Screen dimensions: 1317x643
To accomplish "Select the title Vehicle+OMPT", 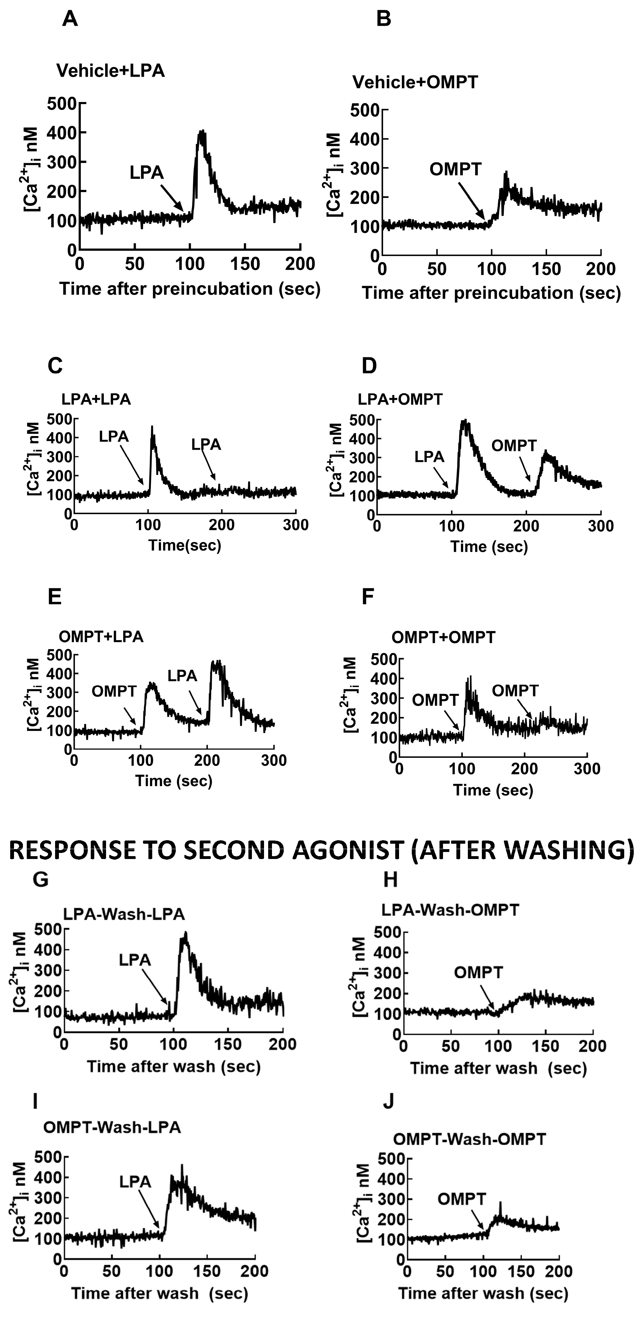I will (x=415, y=82).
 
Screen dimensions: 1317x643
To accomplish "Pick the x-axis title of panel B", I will (x=491, y=293).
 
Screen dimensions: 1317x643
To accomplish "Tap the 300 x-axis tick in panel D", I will (x=601, y=526).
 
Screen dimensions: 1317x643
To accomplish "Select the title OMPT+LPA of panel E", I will (x=101, y=636).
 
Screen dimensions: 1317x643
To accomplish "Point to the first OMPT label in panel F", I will (x=435, y=700).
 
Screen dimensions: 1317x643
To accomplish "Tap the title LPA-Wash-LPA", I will (x=124, y=913).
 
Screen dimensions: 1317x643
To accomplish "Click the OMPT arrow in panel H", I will (x=488, y=997).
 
